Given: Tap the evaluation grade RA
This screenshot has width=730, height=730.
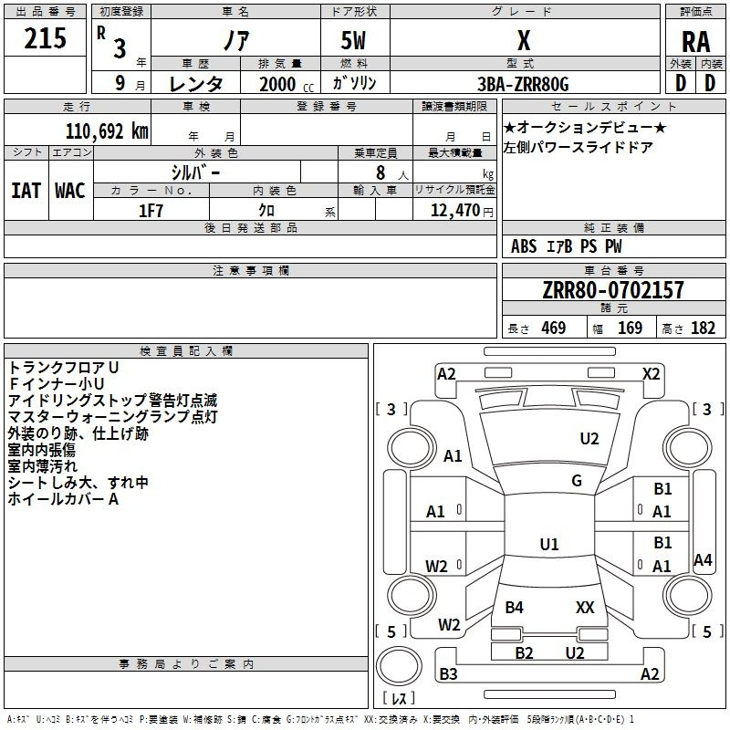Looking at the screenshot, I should coord(695,42).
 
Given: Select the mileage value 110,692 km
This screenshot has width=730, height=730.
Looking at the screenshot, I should coord(107,131).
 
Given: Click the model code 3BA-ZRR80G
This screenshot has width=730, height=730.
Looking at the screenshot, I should coord(524,84).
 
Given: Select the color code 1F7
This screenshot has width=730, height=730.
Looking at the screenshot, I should coord(151,210).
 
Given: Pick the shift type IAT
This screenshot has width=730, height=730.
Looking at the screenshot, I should coord(26,190).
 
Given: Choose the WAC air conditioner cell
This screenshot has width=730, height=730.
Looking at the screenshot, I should coord(70,190).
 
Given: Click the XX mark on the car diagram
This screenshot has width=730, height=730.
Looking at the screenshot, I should coord(585,608).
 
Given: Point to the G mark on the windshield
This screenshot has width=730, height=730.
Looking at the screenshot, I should coord(577,481).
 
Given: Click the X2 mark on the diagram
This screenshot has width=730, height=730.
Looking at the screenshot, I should coord(651,373).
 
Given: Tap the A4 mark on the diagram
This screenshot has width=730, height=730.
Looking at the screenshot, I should coord(703,560).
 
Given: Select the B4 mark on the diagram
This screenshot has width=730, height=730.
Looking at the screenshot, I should coord(515,608).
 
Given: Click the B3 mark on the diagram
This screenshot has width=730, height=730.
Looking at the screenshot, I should coord(448,674).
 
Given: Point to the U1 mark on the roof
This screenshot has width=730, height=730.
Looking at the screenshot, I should coord(549,545).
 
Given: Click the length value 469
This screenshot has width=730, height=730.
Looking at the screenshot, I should coord(553,328).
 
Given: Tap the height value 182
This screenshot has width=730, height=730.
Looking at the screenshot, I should coord(703,328).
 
